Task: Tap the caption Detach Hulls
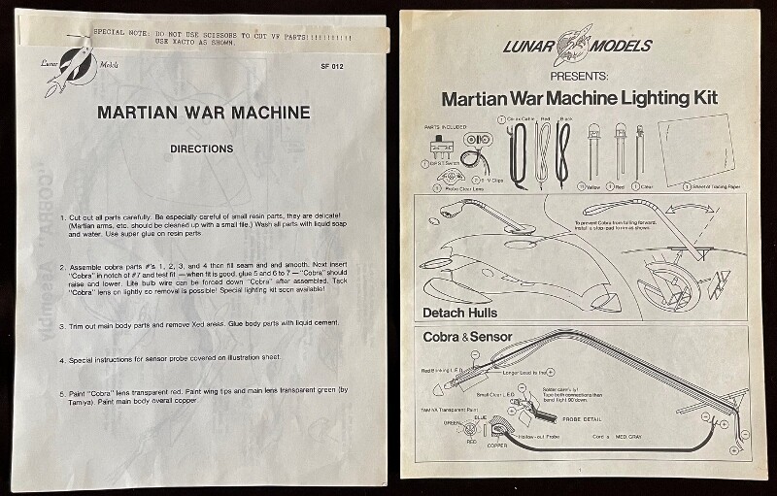point(461,313)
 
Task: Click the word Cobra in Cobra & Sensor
point(442,339)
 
